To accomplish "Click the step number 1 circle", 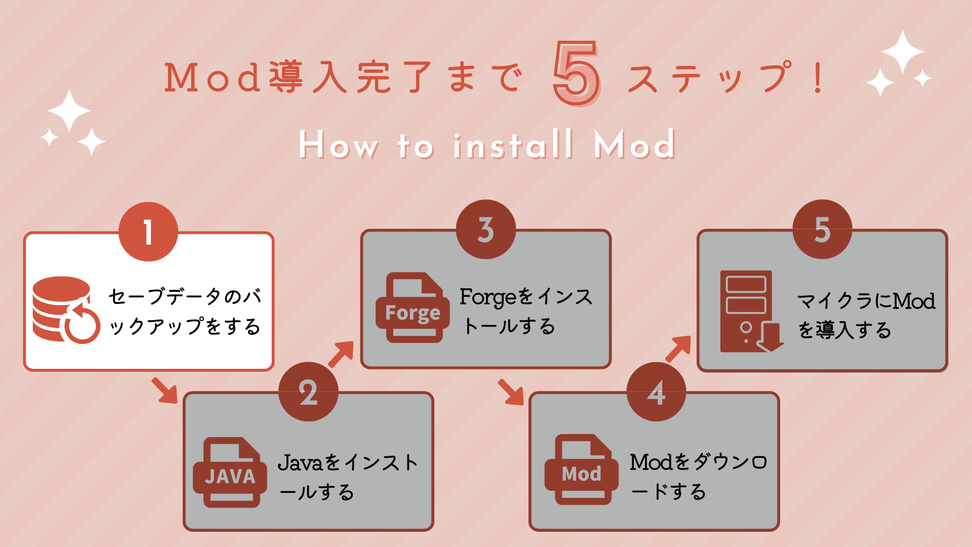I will pos(148,232).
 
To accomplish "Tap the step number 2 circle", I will pos(308,392).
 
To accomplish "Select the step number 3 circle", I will pos(485,229).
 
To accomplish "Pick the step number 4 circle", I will pos(656,392).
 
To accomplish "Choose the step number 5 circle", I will pos(822,229).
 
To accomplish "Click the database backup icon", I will pos(64,309).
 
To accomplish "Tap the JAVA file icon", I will pos(230,472).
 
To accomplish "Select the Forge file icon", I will pos(412,308).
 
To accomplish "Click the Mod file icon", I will pos(581,470).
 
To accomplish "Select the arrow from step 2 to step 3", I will pos(341,354).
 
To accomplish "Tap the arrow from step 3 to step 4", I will pos(511,392).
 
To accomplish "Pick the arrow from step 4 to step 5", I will pos(678,348).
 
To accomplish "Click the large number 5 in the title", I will pos(576,74).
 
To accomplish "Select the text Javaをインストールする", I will pos(348,477).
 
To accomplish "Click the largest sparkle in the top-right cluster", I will pos(902,51).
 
